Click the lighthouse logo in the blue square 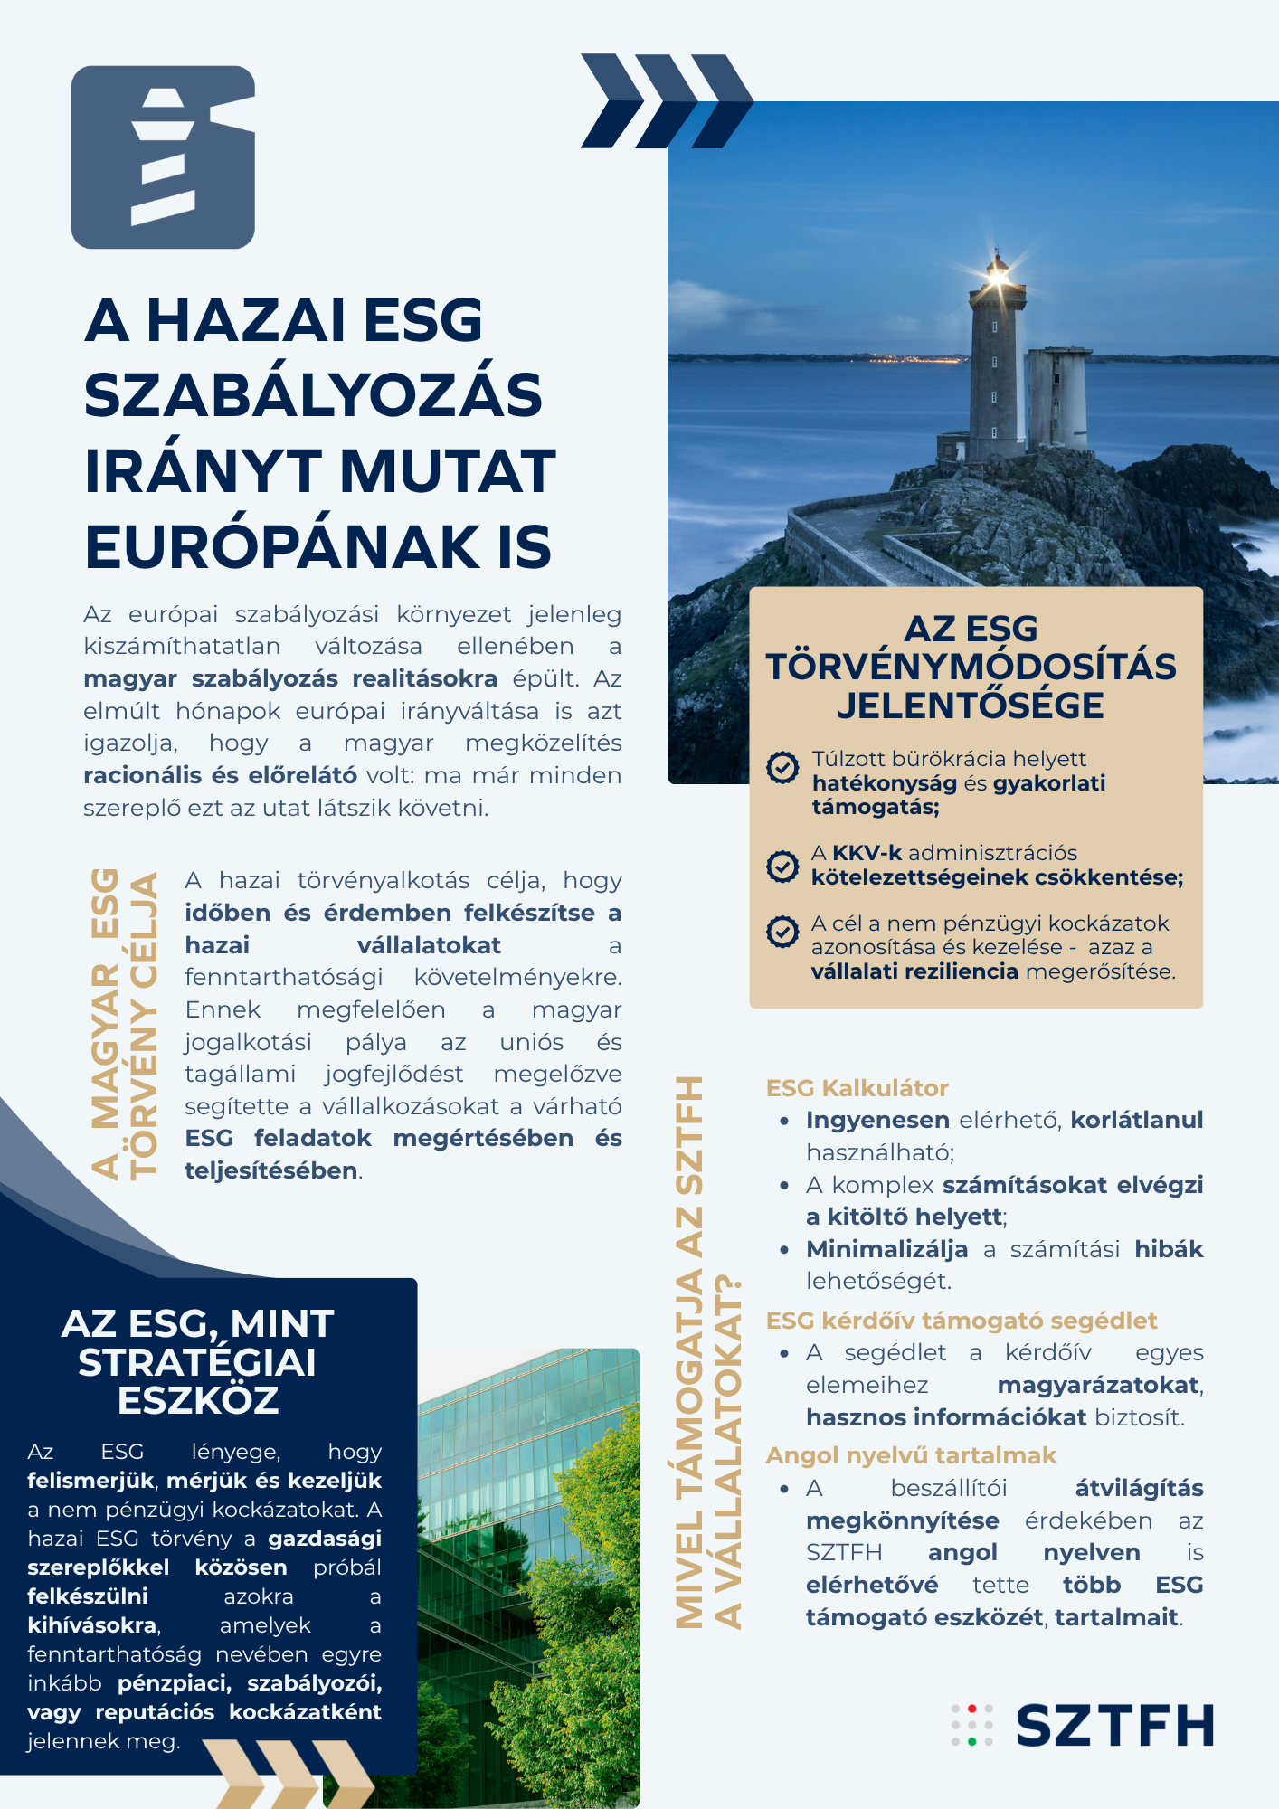click(164, 157)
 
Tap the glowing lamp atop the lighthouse click(997, 270)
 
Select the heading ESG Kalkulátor click(857, 1088)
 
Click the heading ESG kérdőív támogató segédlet click(961, 1321)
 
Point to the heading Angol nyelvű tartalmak click(911, 1455)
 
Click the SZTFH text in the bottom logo click(1114, 1726)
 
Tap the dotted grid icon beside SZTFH click(971, 1725)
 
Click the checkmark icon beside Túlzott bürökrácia click(782, 767)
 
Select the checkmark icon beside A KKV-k click(782, 866)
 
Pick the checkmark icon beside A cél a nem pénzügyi click(782, 931)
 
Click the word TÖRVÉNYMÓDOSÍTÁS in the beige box click(971, 668)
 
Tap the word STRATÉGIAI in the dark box click(197, 1363)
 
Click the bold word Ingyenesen click(877, 1120)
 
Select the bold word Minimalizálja click(886, 1249)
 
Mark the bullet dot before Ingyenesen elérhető click(784, 1122)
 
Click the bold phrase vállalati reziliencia click(914, 971)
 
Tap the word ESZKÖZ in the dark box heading click(198, 1401)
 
